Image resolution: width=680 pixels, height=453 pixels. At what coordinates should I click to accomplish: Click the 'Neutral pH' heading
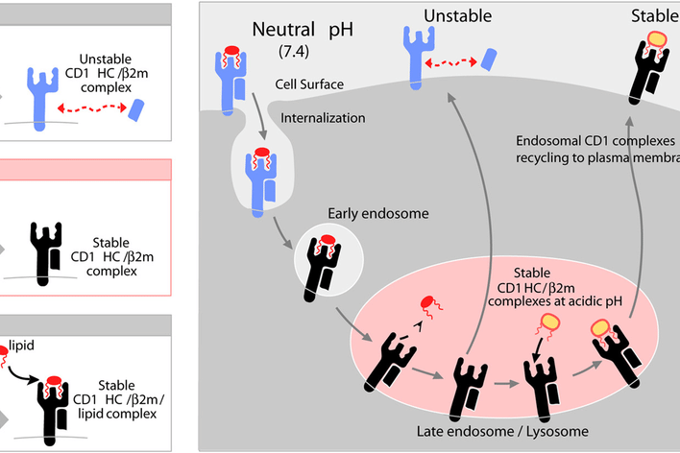303,30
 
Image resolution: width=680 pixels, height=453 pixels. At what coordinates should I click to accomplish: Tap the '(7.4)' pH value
294,52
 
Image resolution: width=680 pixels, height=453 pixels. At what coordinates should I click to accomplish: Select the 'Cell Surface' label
309,84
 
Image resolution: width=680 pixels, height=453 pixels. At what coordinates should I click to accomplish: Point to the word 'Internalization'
323,118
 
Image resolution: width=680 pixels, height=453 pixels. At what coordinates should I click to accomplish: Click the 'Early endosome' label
378,213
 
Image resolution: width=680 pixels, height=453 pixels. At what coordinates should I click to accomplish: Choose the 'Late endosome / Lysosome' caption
502,431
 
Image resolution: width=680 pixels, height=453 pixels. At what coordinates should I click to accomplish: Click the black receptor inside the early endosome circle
323,268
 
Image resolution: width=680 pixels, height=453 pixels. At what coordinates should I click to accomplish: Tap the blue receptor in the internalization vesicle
260,182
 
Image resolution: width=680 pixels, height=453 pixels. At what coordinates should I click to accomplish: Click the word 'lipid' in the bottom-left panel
21,346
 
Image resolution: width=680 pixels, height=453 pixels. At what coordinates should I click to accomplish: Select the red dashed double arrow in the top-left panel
92,107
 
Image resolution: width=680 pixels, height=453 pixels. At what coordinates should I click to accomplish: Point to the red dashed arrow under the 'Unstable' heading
451,62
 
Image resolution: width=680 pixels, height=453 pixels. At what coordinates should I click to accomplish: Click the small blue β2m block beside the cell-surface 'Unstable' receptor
489,60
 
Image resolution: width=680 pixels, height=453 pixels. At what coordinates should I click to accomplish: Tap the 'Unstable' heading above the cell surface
457,16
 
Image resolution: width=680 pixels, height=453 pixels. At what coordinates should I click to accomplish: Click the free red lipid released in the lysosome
430,305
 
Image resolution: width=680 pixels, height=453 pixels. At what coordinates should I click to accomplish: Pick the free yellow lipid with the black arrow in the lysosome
548,325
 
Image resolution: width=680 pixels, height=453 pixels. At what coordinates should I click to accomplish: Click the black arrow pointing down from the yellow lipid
538,349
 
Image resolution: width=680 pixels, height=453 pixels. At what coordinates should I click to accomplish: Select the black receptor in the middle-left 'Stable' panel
45,253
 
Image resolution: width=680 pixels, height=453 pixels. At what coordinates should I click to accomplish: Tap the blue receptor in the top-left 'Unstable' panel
41,99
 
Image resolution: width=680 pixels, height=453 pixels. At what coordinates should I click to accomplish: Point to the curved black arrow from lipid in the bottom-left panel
22,376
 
